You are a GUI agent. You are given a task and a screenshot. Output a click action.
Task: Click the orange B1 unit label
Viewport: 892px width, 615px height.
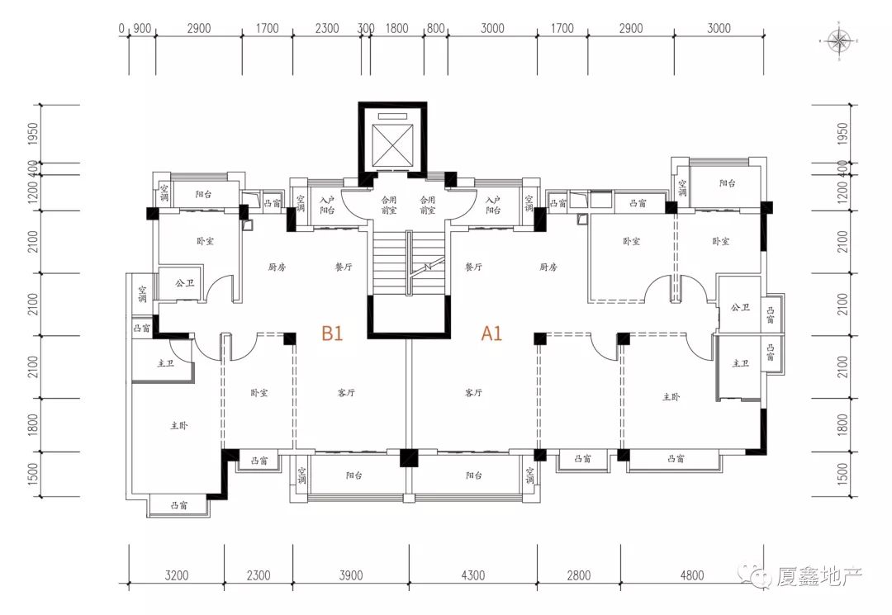(x=332, y=334)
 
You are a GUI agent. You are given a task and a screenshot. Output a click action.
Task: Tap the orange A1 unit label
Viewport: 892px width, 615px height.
(x=492, y=334)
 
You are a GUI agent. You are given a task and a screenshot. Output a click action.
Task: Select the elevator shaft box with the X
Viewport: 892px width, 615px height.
(x=391, y=144)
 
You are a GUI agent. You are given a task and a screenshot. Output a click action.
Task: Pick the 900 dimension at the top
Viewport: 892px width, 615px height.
(x=142, y=28)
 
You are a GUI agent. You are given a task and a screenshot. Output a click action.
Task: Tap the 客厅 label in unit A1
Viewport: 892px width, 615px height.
(x=473, y=393)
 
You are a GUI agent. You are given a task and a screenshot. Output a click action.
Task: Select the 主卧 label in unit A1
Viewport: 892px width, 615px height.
(x=671, y=397)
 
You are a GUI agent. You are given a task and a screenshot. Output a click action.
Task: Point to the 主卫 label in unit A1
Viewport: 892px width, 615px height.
(x=740, y=363)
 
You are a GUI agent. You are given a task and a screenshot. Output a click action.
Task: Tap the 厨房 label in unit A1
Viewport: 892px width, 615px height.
(x=548, y=267)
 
